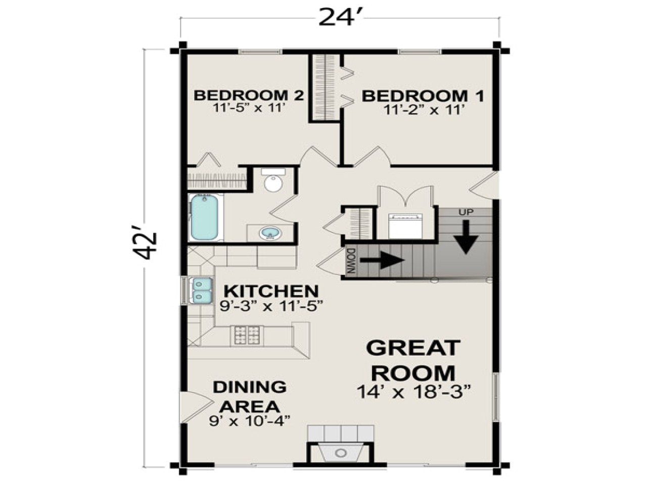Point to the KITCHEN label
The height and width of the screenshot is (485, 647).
coord(271,291)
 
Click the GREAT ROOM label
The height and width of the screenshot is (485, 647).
coord(413,360)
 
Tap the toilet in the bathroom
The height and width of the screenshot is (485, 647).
coord(273,180)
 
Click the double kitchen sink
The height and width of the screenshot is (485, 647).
coord(201,290)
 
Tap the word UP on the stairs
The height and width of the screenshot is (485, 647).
coord(466,212)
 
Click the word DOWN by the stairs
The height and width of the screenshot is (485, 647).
coord(352,261)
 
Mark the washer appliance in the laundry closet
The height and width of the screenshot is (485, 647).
coord(405,225)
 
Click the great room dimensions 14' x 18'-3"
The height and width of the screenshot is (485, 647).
coord(413,392)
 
